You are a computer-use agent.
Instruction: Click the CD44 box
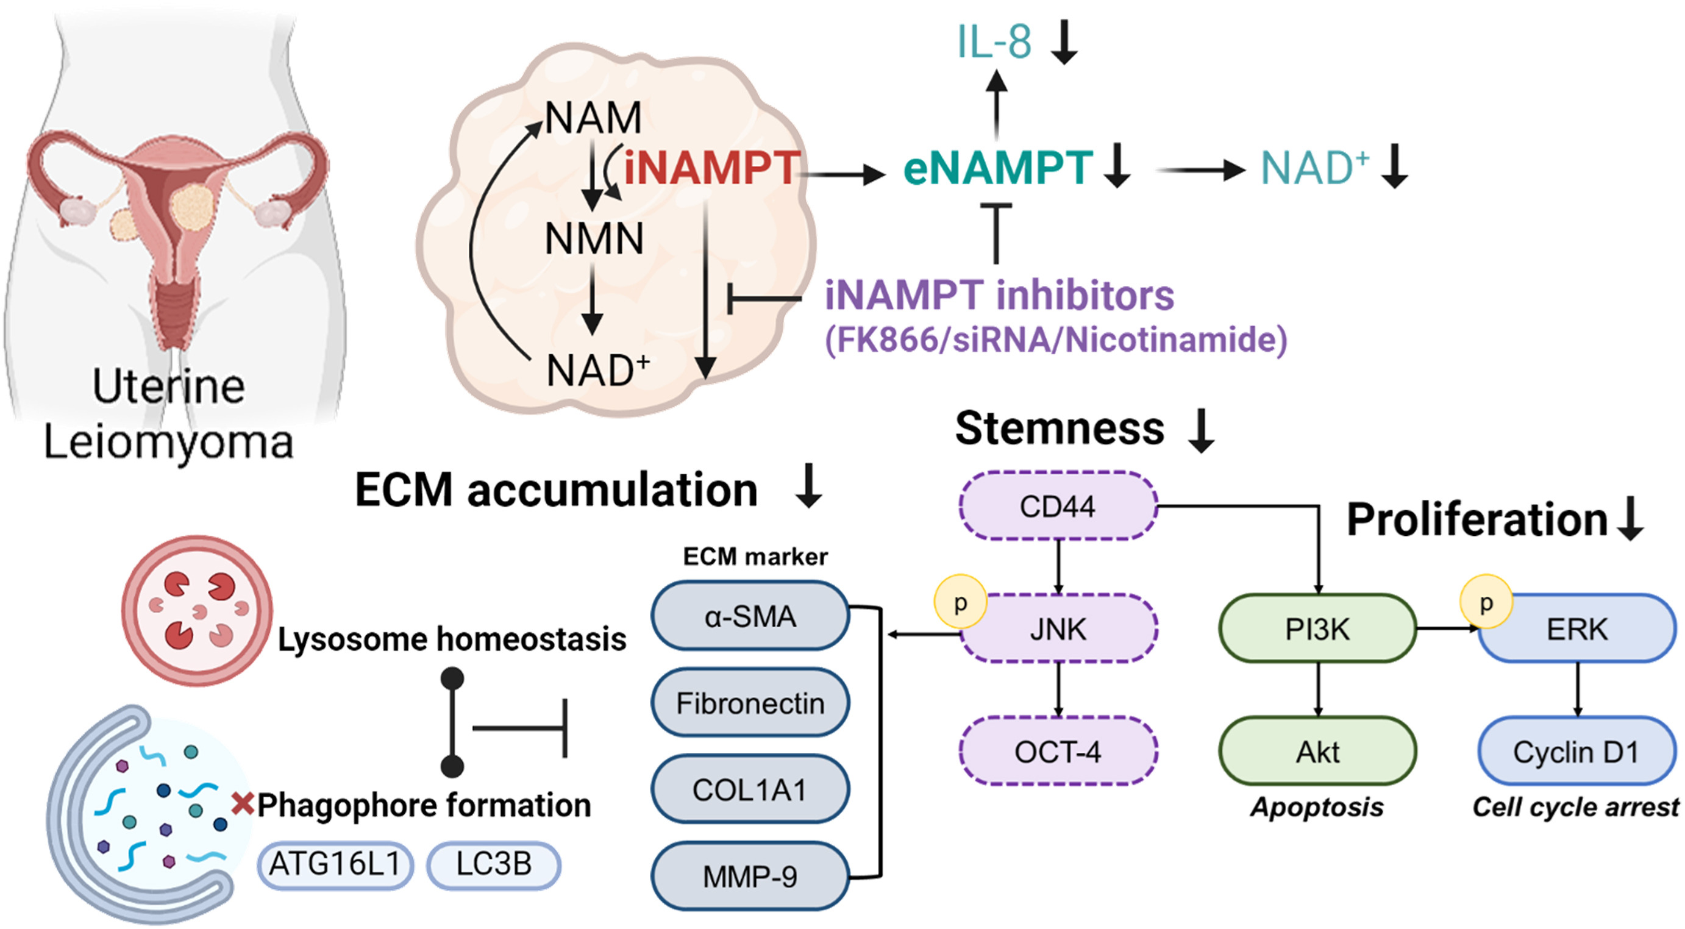1058,506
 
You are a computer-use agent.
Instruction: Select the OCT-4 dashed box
1058,751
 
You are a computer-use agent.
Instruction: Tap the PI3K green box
1317,628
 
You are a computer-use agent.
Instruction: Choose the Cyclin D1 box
1576,751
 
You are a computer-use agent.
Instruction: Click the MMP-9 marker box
750,877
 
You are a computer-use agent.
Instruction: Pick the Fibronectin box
750,703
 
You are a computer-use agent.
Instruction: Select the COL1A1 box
750,789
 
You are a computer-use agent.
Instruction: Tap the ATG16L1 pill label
335,864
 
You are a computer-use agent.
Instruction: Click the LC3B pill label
494,864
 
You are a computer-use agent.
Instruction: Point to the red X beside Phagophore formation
243,803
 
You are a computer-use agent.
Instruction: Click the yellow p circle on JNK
960,602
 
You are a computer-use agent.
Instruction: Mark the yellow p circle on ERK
1486,601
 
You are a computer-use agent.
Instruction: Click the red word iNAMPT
711,168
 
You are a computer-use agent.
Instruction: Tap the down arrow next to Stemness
1201,430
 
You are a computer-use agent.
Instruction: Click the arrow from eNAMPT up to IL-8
996,105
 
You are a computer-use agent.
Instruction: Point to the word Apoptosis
1317,806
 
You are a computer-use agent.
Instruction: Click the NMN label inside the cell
594,238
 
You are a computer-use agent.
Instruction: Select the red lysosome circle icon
197,610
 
